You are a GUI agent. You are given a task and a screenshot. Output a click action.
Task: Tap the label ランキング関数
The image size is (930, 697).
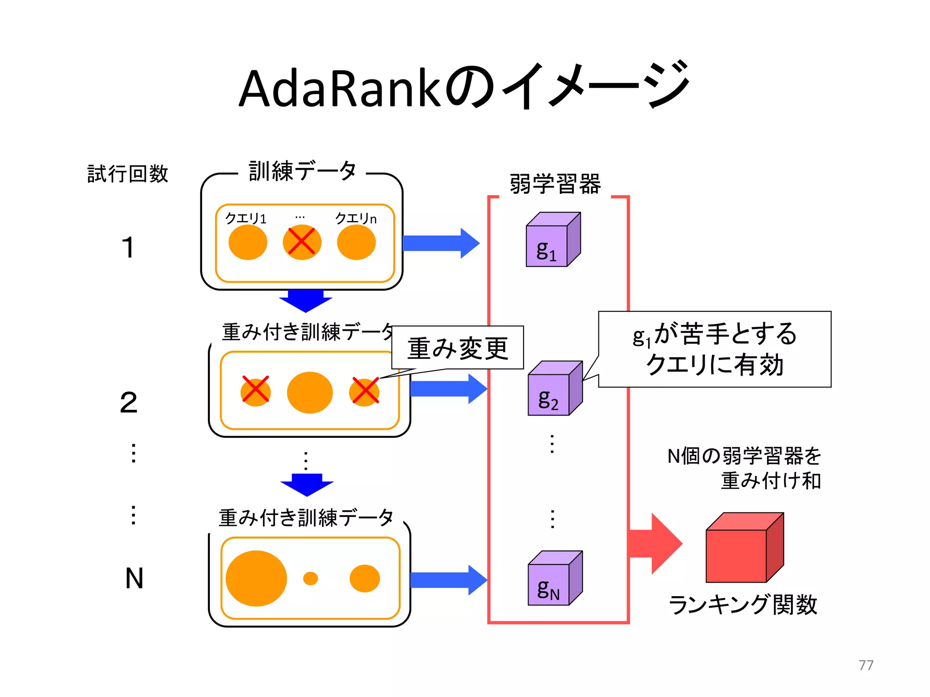click(x=742, y=605)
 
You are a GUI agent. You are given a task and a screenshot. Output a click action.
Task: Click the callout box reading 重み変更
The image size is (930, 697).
click(x=457, y=348)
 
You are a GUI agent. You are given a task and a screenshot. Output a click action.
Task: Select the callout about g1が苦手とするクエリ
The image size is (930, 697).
click(x=714, y=349)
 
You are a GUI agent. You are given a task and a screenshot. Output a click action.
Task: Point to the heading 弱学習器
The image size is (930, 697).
click(x=555, y=184)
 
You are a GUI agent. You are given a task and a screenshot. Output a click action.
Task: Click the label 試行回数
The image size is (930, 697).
click(x=128, y=174)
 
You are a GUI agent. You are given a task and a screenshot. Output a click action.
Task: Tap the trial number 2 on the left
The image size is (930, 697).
click(x=129, y=402)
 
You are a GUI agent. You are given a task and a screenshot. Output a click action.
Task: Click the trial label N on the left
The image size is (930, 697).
click(x=134, y=579)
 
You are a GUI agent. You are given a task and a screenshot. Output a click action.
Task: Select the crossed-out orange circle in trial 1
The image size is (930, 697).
click(x=302, y=242)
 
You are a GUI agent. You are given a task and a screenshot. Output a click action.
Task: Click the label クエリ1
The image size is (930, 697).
click(x=246, y=218)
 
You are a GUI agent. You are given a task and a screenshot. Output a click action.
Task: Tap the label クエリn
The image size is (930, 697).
click(x=356, y=218)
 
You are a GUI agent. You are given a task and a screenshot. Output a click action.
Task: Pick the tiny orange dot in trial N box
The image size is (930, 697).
click(x=311, y=578)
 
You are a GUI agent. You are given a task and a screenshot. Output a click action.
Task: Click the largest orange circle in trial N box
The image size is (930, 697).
click(x=256, y=578)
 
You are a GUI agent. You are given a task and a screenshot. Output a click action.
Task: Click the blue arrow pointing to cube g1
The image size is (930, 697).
click(x=440, y=243)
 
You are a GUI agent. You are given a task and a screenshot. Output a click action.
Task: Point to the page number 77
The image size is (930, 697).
click(x=866, y=665)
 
